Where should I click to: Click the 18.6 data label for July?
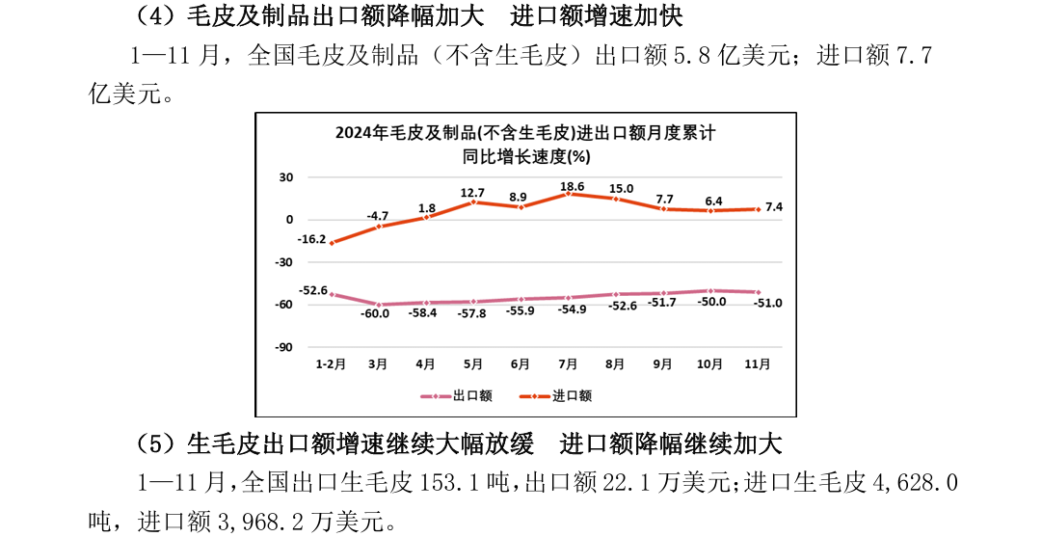click(x=570, y=185)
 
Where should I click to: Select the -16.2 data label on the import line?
click(x=311, y=238)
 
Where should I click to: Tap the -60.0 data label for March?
click(x=376, y=313)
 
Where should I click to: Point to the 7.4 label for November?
click(x=774, y=207)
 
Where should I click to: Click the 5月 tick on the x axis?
click(x=473, y=364)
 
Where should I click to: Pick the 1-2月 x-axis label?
click(x=331, y=364)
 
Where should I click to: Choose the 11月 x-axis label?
click(x=758, y=364)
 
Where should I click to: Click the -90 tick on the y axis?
click(x=285, y=347)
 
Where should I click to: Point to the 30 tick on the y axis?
click(x=286, y=177)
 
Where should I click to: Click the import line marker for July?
click(x=568, y=194)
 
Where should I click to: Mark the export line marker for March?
click(x=378, y=305)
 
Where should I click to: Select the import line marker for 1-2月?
click(x=332, y=243)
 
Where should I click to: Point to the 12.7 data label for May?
click(x=473, y=192)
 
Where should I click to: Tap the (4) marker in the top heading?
click(x=154, y=16)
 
